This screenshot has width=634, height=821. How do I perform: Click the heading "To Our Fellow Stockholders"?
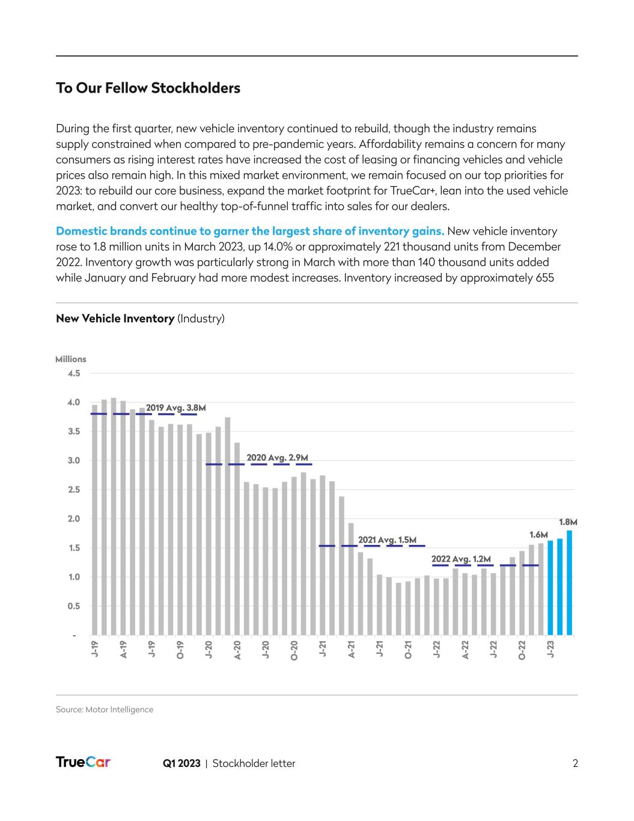(x=148, y=88)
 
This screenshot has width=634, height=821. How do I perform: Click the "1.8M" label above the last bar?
(x=568, y=522)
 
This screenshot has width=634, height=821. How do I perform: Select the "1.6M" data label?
(x=538, y=534)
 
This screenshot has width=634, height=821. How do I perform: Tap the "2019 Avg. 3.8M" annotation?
(x=176, y=408)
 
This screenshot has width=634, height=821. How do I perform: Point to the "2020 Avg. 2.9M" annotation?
(x=278, y=458)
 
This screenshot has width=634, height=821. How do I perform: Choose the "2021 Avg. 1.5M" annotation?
(x=387, y=540)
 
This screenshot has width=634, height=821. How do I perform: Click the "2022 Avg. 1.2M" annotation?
(x=461, y=559)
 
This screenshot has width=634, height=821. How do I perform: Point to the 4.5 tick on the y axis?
(x=75, y=374)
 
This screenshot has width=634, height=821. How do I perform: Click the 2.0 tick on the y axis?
(x=75, y=519)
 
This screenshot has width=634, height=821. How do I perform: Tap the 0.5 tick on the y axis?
(x=75, y=606)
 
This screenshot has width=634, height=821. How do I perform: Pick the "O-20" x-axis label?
(x=294, y=651)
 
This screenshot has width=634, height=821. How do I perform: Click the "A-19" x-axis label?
(x=123, y=650)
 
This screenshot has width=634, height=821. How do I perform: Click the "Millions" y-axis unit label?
(x=71, y=359)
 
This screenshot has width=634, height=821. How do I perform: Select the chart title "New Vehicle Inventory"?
(x=115, y=318)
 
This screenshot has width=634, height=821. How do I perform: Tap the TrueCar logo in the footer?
(x=83, y=762)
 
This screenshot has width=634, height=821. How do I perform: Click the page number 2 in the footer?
(x=575, y=763)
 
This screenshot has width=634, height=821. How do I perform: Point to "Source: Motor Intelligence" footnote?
(x=105, y=710)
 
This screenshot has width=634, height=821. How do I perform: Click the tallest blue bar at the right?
(x=569, y=582)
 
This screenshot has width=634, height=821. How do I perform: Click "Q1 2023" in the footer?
(x=181, y=763)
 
